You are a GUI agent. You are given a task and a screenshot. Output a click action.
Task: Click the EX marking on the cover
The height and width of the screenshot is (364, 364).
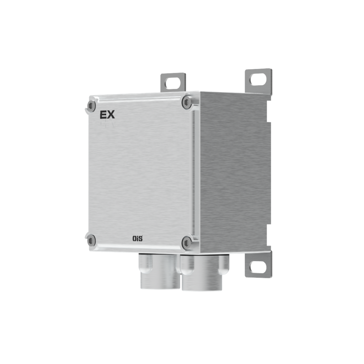[x=107, y=115]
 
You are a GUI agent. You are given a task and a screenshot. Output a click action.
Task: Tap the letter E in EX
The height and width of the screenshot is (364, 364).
[x=103, y=115]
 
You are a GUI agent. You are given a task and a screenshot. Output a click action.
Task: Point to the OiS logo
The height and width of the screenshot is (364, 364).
[x=137, y=239]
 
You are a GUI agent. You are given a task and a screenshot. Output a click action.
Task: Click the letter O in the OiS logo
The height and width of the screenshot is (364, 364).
[x=134, y=239]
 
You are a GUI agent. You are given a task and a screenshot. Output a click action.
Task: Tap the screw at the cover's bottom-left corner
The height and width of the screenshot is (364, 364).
[x=91, y=241]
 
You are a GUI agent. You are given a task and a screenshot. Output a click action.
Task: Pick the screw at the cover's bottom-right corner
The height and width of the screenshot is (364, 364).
[x=186, y=243]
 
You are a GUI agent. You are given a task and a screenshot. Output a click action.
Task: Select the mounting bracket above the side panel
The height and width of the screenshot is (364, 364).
[x=258, y=81]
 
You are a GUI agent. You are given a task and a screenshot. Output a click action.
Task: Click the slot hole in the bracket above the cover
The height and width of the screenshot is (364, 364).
[x=173, y=81]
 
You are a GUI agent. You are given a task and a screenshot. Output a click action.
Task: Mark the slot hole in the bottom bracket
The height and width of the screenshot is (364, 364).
[x=258, y=267]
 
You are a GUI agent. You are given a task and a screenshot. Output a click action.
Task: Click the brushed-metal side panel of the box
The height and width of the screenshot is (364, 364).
[x=233, y=171]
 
